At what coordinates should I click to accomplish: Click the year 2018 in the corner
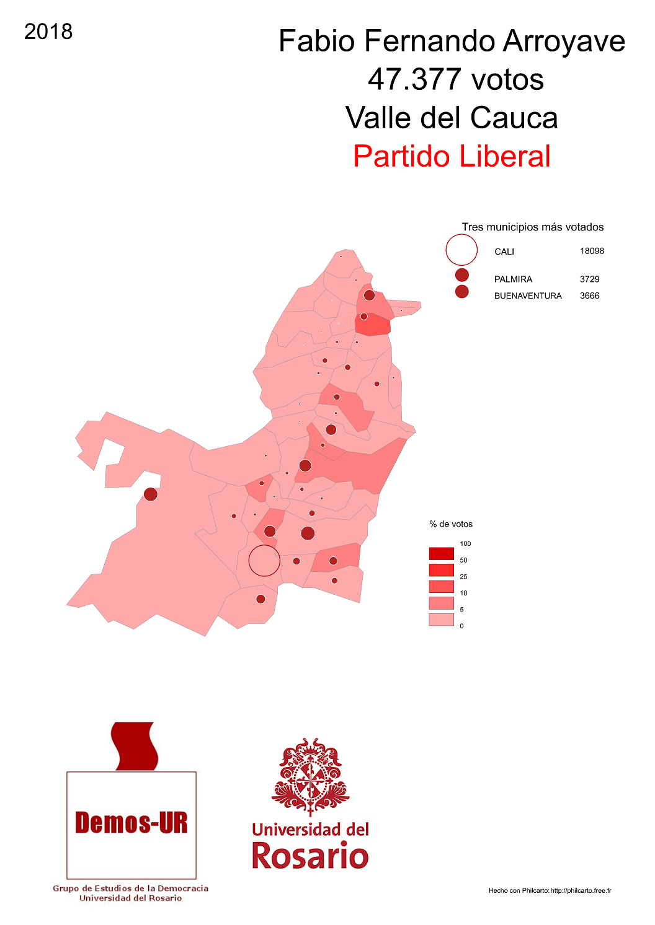pyautogui.click(x=48, y=32)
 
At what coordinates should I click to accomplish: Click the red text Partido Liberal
pyautogui.click(x=452, y=156)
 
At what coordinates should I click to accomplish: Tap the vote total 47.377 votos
pyautogui.click(x=455, y=79)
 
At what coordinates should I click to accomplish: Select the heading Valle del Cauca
pyautogui.click(x=452, y=118)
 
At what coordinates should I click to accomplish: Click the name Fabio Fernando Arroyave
pyautogui.click(x=452, y=42)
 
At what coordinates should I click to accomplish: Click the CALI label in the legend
pyautogui.click(x=504, y=252)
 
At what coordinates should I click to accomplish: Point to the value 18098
pyautogui.click(x=592, y=251)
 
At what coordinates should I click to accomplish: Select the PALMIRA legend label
pyautogui.click(x=513, y=279)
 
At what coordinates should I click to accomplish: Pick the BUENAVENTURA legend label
pyautogui.click(x=528, y=296)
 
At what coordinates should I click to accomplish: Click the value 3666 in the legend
pyautogui.click(x=589, y=296)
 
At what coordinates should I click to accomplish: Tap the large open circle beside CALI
pyautogui.click(x=461, y=250)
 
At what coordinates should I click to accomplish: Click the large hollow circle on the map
pyautogui.click(x=264, y=561)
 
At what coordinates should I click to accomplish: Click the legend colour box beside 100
pyautogui.click(x=441, y=553)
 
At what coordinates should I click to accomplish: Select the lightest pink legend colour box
pyautogui.click(x=441, y=620)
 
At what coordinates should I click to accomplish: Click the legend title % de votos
pyautogui.click(x=451, y=524)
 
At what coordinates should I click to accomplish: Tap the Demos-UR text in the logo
pyautogui.click(x=131, y=823)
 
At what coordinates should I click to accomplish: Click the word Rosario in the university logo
pyautogui.click(x=310, y=856)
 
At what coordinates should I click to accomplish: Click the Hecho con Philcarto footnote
pyautogui.click(x=550, y=891)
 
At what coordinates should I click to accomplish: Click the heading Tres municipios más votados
pyautogui.click(x=532, y=227)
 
